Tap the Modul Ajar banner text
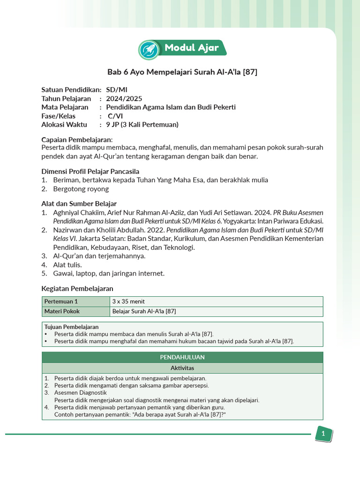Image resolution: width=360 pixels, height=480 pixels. (191, 48)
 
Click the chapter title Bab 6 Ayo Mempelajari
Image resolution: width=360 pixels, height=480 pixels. (182, 72)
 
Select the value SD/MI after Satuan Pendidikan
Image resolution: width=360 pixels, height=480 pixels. (116, 90)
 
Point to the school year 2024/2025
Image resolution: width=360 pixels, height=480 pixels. (124, 98)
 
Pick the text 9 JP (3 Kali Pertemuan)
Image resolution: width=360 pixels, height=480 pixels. (142, 125)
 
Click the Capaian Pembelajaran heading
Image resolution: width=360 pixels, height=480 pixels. (77, 139)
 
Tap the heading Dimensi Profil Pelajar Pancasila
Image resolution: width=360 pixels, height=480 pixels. (90, 171)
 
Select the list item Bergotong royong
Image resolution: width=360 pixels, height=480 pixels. (81, 189)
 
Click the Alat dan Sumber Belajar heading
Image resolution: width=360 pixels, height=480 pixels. (79, 203)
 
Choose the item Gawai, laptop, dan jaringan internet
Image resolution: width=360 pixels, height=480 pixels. (108, 273)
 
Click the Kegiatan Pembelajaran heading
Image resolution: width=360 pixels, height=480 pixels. (77, 288)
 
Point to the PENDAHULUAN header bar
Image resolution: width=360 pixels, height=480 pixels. (182, 357)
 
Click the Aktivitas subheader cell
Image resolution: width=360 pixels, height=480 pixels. (182, 368)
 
